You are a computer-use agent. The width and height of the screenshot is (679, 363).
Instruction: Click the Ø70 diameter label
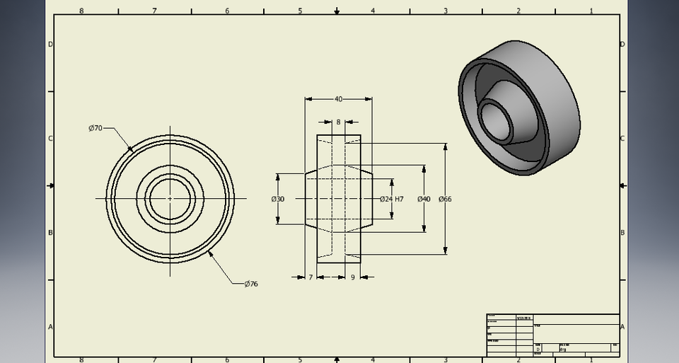pyautogui.click(x=95, y=128)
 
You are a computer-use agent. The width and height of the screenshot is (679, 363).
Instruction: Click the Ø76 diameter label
pyautogui.click(x=251, y=284)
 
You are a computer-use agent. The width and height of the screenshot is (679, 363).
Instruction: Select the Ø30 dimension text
pyautogui.click(x=278, y=200)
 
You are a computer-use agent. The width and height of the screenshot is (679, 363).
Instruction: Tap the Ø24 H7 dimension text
pyautogui.click(x=391, y=200)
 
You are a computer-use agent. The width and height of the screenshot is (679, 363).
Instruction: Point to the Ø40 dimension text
pyautogui.click(x=424, y=200)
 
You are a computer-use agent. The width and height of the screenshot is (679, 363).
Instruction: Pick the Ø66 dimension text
pyautogui.click(x=445, y=200)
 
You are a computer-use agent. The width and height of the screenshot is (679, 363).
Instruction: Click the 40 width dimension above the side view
pyautogui.click(x=338, y=99)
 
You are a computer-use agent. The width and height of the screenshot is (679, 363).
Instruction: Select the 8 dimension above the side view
pyautogui.click(x=338, y=122)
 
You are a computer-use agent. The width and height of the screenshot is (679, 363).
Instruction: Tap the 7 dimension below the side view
pyautogui.click(x=311, y=277)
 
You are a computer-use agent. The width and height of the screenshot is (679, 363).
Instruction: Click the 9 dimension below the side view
pyautogui.click(x=352, y=277)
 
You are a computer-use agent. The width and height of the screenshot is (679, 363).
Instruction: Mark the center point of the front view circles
pyautogui.click(x=170, y=199)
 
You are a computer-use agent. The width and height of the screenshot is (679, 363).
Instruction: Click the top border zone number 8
pyautogui.click(x=81, y=11)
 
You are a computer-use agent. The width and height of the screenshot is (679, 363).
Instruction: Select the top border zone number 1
pyautogui.click(x=591, y=11)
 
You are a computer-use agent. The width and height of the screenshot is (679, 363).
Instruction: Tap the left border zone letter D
pyautogui.click(x=50, y=44)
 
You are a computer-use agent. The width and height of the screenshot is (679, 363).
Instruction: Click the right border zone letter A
pyautogui.click(x=622, y=326)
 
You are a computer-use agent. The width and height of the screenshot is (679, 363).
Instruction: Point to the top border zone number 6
pyautogui.click(x=227, y=11)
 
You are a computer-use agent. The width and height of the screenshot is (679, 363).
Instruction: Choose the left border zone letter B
pyautogui.click(x=50, y=233)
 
